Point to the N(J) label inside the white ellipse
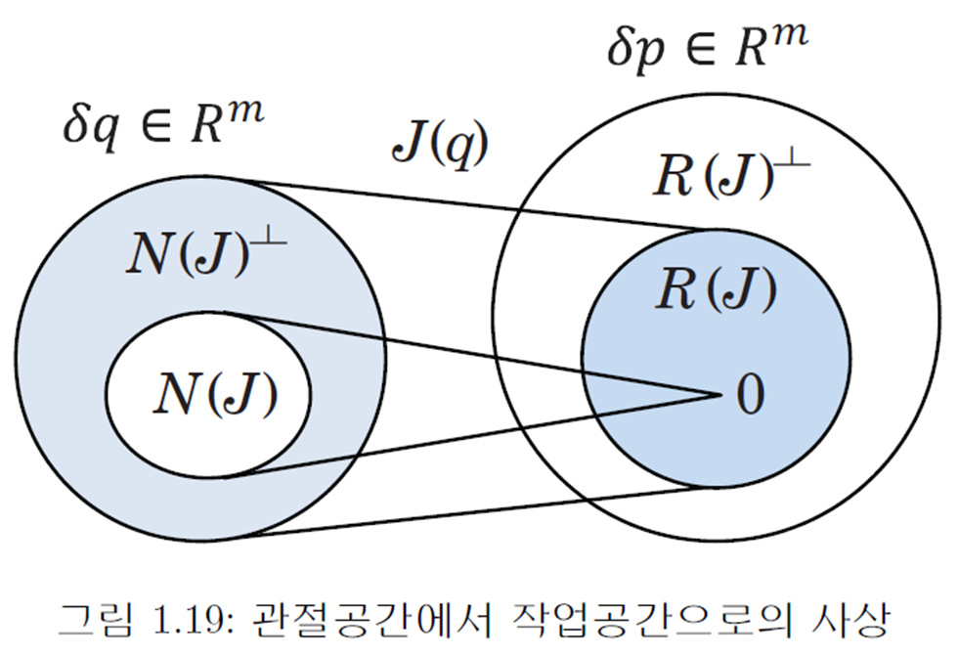tap(216, 395)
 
